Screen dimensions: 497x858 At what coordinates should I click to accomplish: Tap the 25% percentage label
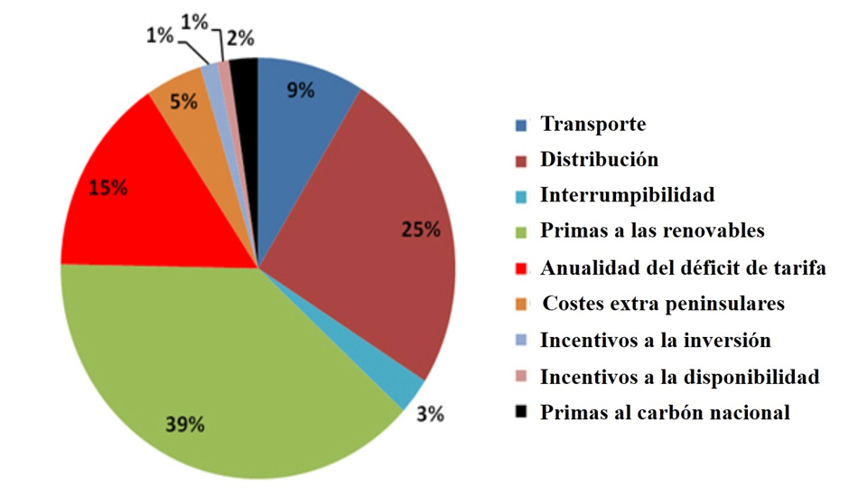(x=422, y=230)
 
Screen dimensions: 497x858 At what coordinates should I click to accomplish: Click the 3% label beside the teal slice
(x=430, y=415)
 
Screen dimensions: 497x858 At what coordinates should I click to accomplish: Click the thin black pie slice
(x=245, y=72)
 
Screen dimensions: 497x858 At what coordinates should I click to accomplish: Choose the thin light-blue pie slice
(x=212, y=77)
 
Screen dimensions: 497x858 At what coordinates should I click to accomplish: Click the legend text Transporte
(x=592, y=124)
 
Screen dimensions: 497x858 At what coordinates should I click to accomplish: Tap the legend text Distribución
(x=599, y=160)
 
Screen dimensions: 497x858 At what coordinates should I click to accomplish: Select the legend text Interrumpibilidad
(x=627, y=195)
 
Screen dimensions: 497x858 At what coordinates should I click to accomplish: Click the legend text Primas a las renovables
(x=652, y=231)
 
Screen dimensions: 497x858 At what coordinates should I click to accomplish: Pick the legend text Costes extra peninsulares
(x=663, y=304)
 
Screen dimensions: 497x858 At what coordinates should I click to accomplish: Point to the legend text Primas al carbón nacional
(x=665, y=413)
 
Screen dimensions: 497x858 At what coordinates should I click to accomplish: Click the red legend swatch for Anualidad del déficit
(x=520, y=268)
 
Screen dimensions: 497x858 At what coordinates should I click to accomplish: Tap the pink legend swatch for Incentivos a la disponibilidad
(x=520, y=377)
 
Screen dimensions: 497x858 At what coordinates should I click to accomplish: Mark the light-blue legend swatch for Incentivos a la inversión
(x=520, y=341)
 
